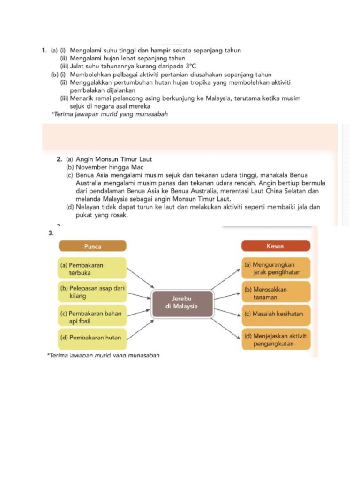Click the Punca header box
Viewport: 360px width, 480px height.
(x=92, y=246)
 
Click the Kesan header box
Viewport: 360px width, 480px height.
(x=276, y=246)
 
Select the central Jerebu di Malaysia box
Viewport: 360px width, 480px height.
(x=182, y=302)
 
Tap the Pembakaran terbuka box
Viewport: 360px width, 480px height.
(x=92, y=269)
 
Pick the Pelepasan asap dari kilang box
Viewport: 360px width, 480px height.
(x=92, y=292)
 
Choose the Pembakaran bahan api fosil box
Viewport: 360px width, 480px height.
(x=92, y=317)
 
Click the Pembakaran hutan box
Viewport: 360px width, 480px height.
(x=92, y=337)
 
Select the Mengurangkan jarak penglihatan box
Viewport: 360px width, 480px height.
(x=276, y=269)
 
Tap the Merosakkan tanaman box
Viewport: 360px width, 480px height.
(x=276, y=293)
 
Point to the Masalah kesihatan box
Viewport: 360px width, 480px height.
(x=276, y=315)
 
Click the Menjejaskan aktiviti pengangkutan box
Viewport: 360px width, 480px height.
(x=276, y=340)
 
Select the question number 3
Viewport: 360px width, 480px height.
(x=50, y=233)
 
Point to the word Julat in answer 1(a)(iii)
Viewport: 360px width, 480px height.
(x=77, y=67)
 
